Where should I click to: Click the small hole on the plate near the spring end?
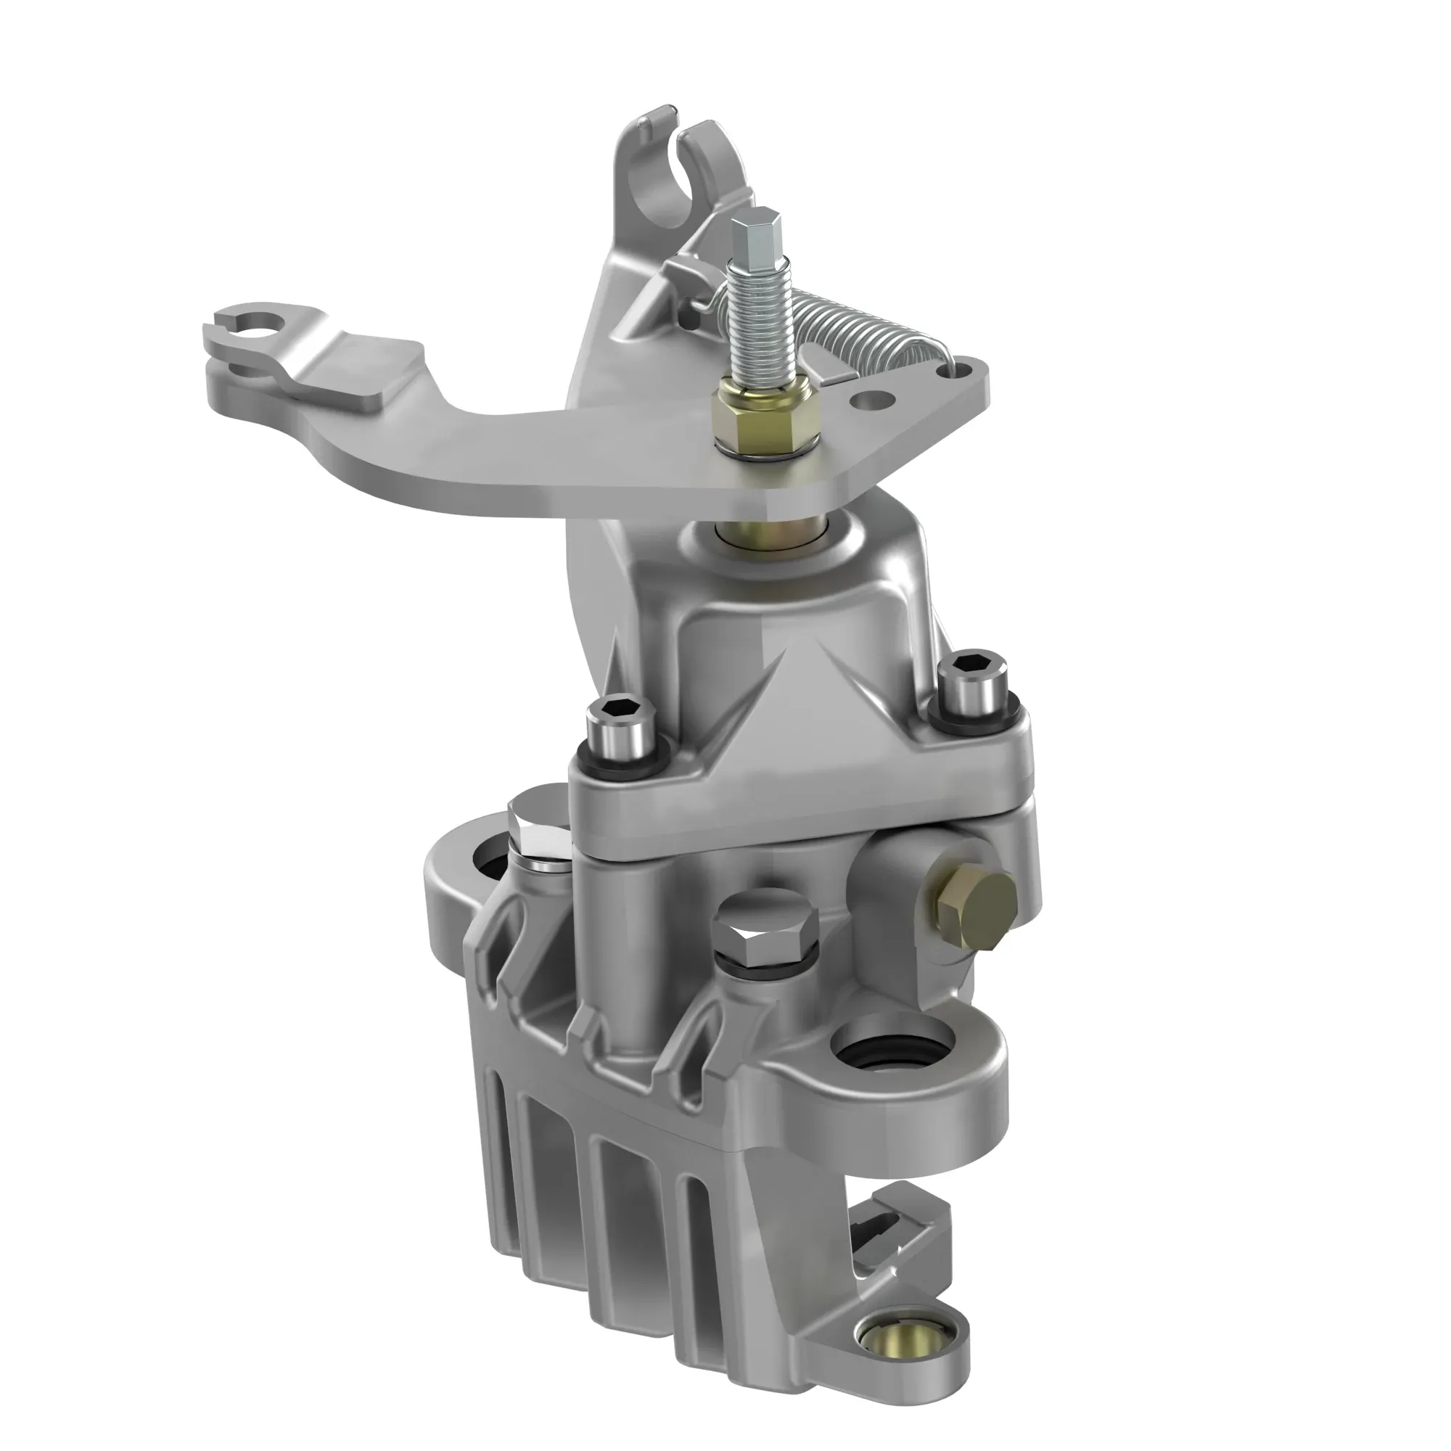[871, 398]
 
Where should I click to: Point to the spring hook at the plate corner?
[948, 362]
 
